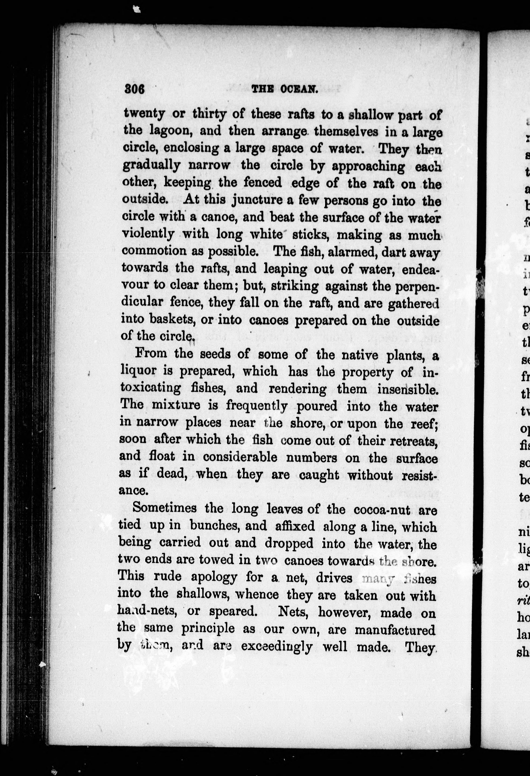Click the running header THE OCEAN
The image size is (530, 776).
[284, 89]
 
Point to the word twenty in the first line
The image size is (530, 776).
[144, 114]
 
